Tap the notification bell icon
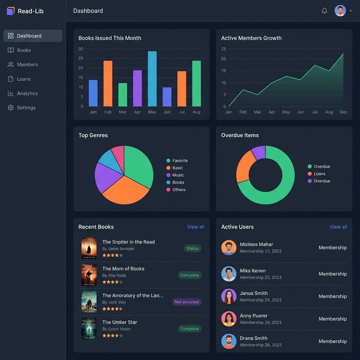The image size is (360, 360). [324, 11]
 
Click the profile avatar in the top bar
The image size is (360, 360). [340, 11]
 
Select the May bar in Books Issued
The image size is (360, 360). [152, 79]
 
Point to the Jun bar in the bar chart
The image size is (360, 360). [167, 97]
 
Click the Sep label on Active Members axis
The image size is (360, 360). [343, 112]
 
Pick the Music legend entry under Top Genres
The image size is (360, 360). [178, 175]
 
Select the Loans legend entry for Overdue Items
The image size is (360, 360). [319, 174]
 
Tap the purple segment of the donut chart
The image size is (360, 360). [259, 153]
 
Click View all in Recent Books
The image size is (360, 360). [195, 227]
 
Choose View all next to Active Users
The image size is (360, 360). [338, 227]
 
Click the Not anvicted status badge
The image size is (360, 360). [187, 302]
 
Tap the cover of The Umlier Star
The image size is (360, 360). [89, 328]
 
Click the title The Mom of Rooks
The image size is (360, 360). [123, 269]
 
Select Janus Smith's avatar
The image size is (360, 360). [229, 296]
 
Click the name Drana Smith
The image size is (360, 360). [253, 338]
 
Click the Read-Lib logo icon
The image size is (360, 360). [11, 11]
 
